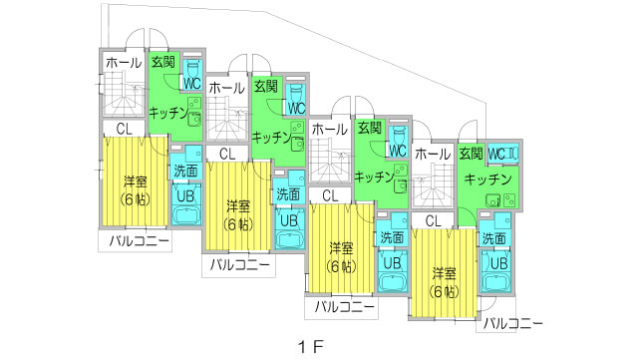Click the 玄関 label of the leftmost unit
[x=161, y=62]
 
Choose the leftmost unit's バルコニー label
[x=132, y=240]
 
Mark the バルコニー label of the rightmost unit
[x=513, y=324]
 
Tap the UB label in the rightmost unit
[x=498, y=263]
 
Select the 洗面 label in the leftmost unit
[x=184, y=171]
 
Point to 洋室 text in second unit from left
[x=236, y=205]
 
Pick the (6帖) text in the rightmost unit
[x=446, y=291]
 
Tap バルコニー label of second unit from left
[x=237, y=265]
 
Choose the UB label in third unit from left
[x=391, y=262]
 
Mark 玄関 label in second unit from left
[x=266, y=88]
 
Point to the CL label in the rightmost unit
[x=433, y=220]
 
